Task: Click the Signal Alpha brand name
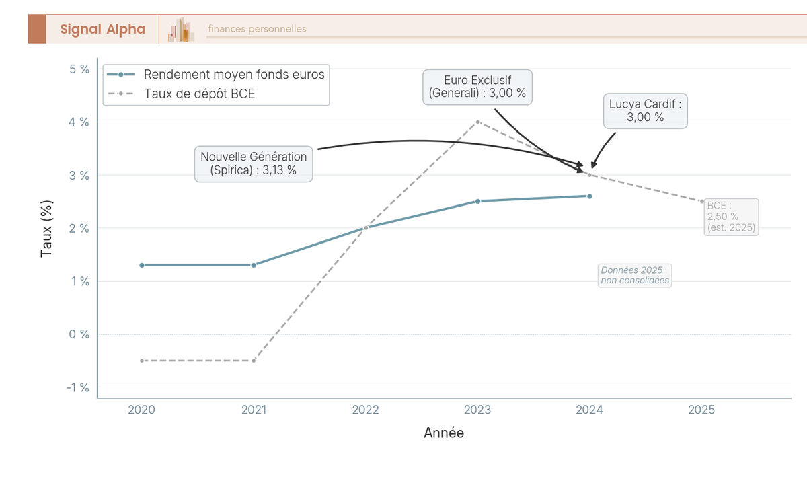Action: [102, 29]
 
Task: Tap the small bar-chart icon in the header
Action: [182, 30]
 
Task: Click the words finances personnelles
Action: [257, 29]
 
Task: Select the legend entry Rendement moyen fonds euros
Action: [234, 75]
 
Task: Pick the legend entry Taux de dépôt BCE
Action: [200, 94]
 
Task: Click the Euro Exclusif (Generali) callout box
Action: [477, 87]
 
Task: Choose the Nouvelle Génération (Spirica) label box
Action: [254, 163]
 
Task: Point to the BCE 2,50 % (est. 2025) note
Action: [732, 217]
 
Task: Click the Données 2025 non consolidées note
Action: [635, 275]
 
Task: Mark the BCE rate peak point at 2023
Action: [477, 122]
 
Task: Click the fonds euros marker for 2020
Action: [142, 265]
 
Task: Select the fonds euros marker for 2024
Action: [589, 196]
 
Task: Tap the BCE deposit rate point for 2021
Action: [254, 361]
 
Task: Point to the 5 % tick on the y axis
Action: [79, 69]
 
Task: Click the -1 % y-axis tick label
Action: [78, 387]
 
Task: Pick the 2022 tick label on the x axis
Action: [366, 410]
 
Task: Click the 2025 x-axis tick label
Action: [701, 410]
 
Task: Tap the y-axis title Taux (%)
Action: [46, 228]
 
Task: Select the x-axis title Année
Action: [444, 433]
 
